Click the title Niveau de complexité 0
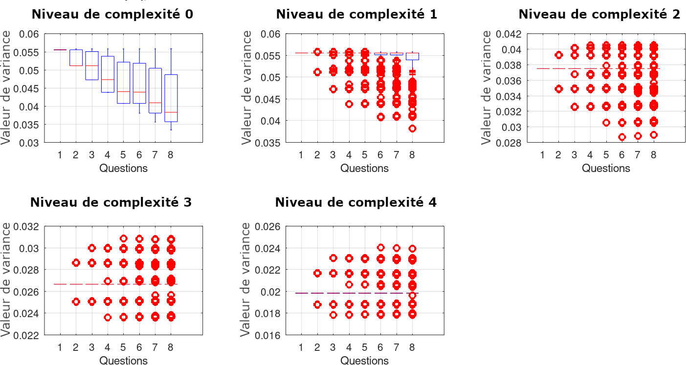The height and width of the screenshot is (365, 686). pyautogui.click(x=112, y=15)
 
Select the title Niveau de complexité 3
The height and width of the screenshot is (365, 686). pyautogui.click(x=111, y=202)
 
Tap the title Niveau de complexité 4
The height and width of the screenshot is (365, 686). pyautogui.click(x=356, y=202)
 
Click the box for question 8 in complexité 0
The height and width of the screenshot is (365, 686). pyautogui.click(x=171, y=98)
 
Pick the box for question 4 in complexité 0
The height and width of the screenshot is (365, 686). pyautogui.click(x=108, y=74)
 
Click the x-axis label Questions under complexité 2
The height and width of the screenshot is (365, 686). pyautogui.click(x=606, y=169)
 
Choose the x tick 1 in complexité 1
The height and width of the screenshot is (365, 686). pyautogui.click(x=301, y=155)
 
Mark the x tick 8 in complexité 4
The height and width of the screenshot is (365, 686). pyautogui.click(x=412, y=347)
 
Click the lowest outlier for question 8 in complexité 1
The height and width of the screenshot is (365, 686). pyautogui.click(x=412, y=129)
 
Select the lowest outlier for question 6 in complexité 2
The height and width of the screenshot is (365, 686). pyautogui.click(x=622, y=137)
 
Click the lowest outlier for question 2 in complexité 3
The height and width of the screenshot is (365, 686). pyautogui.click(x=76, y=301)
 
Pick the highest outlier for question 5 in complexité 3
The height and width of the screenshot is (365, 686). pyautogui.click(x=124, y=238)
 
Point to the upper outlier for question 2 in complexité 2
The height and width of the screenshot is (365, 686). pyautogui.click(x=558, y=55)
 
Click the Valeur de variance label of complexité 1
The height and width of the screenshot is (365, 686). pyautogui.click(x=247, y=88)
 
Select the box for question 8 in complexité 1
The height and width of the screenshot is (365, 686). pyautogui.click(x=412, y=56)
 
